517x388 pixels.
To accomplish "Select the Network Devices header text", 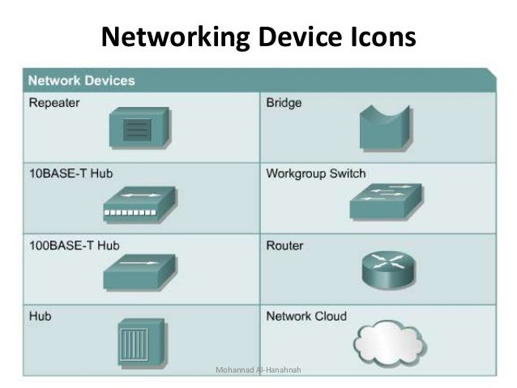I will tap(82, 81).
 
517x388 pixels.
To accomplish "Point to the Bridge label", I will tap(284, 104).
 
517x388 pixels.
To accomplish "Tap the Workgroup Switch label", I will tap(316, 173).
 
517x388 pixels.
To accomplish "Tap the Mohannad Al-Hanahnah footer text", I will tap(256, 370).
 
